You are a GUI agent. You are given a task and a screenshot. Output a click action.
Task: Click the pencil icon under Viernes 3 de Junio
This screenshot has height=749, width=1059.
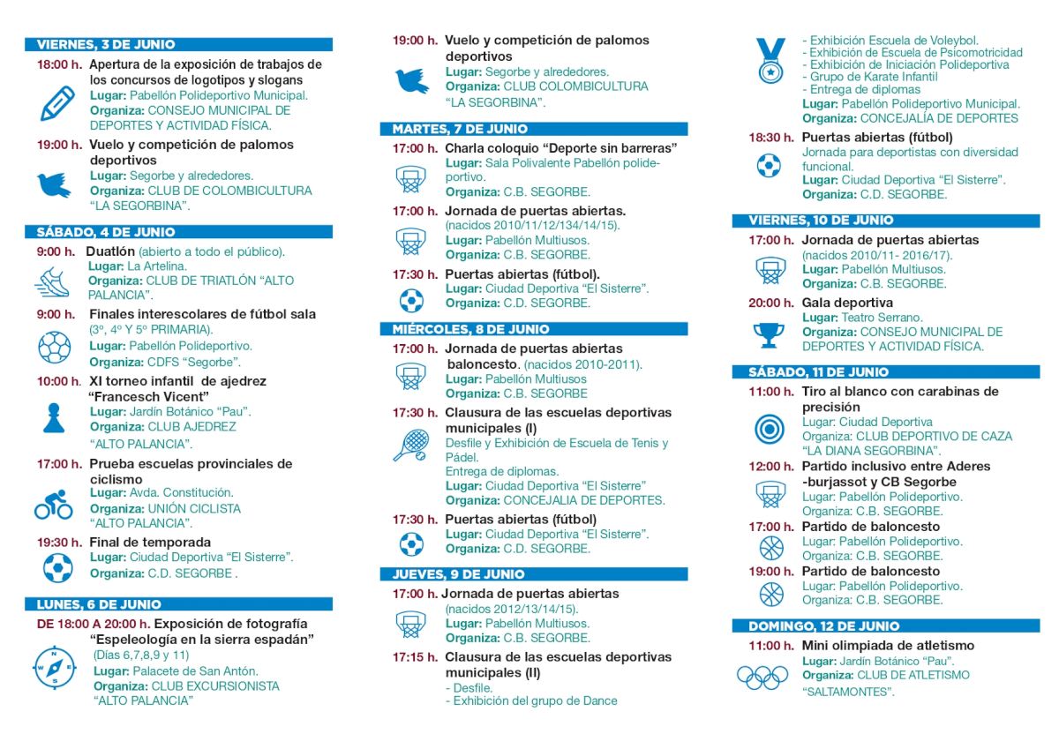[x=58, y=103]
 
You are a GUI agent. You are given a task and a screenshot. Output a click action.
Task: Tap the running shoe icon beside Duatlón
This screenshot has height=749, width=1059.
[x=52, y=281]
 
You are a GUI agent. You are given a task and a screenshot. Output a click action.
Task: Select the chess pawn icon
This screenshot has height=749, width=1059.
[x=55, y=417]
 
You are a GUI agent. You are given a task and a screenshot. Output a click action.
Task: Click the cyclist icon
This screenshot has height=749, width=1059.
[x=54, y=505]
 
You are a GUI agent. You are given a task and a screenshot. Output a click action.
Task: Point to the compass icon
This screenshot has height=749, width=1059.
[x=55, y=667]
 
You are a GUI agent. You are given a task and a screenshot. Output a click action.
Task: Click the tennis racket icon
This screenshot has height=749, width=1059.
[x=410, y=446]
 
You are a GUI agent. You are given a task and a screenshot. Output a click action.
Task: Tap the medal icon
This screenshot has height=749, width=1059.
[x=770, y=62]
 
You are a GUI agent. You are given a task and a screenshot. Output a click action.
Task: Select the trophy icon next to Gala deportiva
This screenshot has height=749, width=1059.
[x=769, y=334]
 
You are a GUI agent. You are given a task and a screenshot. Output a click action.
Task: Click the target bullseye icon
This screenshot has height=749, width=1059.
[x=770, y=429]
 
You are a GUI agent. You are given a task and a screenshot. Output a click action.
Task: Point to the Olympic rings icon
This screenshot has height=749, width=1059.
[x=762, y=678]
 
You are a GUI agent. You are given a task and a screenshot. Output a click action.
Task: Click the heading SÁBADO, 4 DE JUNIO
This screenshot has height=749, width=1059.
[x=106, y=232]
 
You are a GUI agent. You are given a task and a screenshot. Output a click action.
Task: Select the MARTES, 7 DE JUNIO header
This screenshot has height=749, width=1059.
[x=460, y=129]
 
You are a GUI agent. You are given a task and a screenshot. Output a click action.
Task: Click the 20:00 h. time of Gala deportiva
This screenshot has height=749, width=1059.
[x=771, y=303]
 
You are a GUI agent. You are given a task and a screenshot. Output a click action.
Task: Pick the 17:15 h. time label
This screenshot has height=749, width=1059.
[x=415, y=657]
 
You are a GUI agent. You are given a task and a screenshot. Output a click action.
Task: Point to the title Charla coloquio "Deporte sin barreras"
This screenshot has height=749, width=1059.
[x=560, y=148]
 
